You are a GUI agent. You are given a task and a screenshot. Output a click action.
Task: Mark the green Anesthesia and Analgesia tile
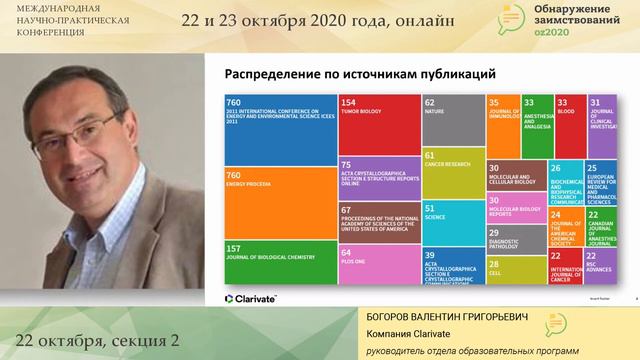coord(536,125)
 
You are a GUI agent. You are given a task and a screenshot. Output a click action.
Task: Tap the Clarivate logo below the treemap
coord(251,297)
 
